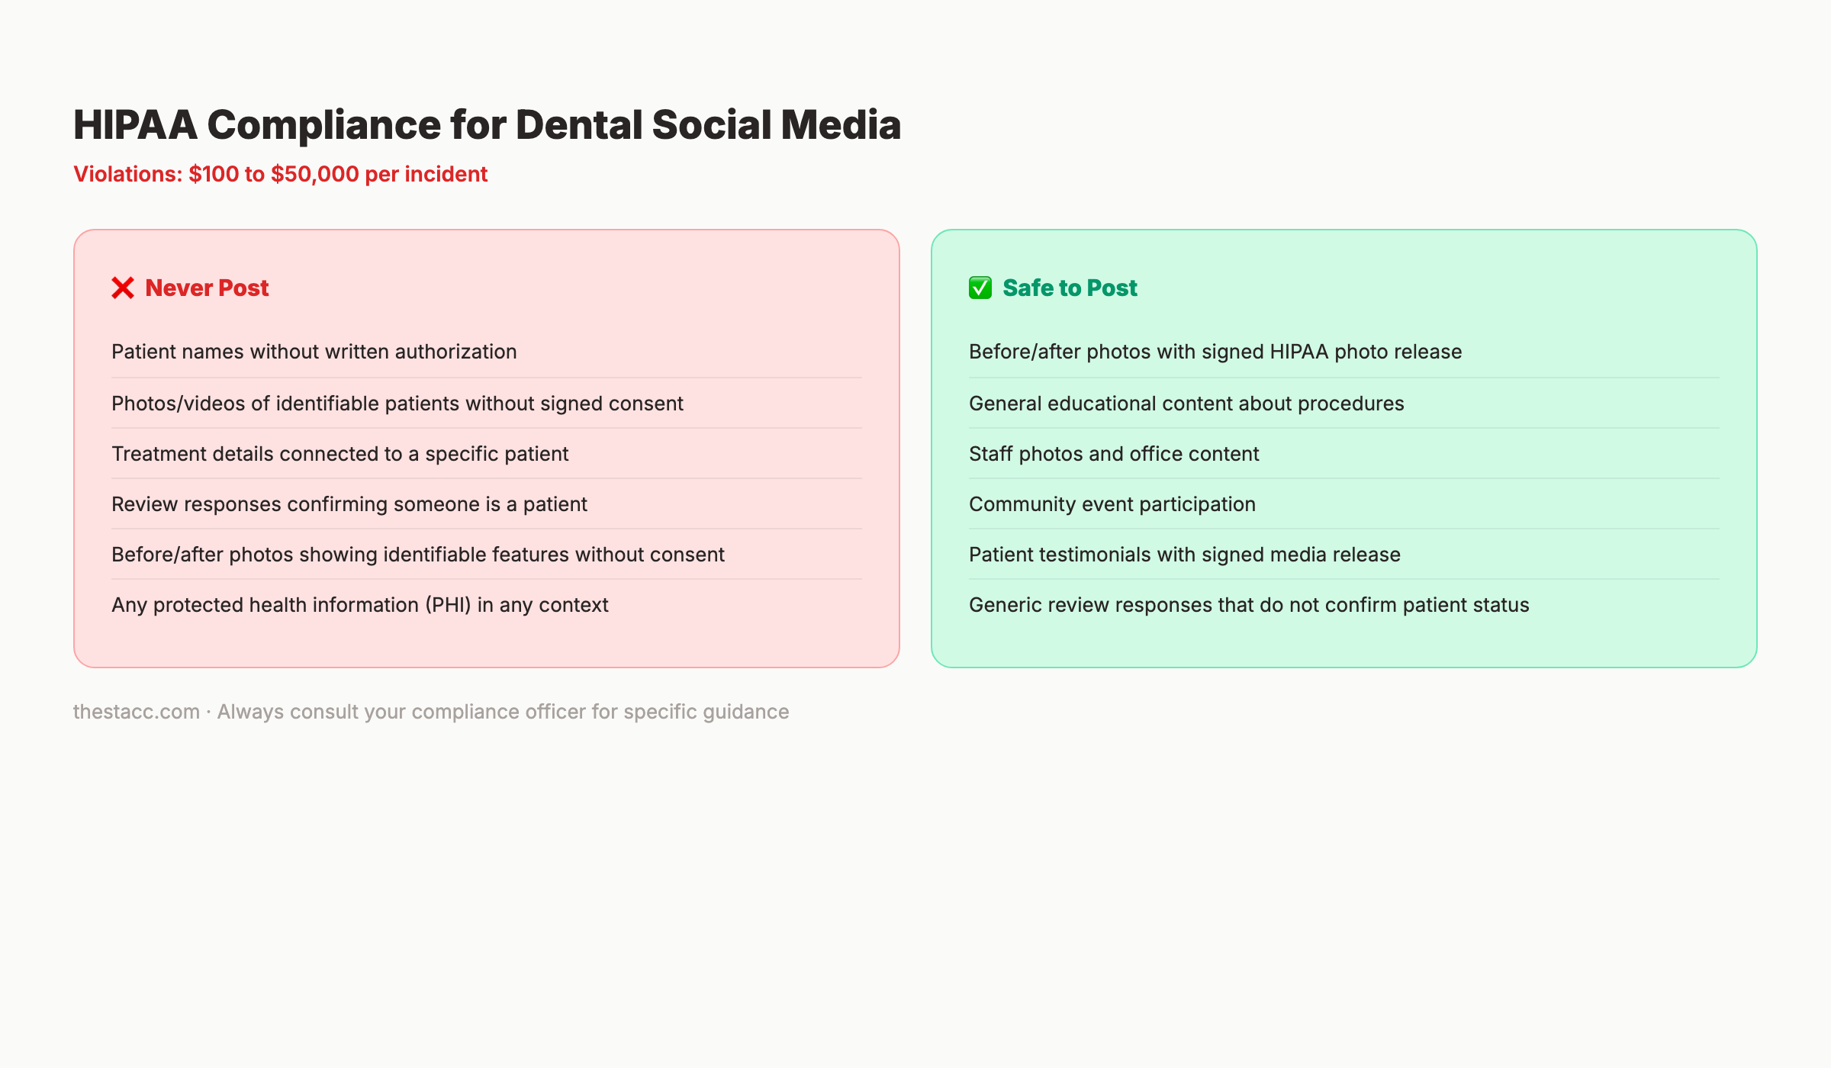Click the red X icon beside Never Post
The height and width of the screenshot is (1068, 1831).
coord(123,288)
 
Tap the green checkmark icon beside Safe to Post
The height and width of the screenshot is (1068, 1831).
coord(980,288)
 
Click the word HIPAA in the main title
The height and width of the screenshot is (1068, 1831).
coord(135,124)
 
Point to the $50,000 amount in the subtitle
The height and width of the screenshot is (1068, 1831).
coord(314,174)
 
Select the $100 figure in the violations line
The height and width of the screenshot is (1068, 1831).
coord(214,174)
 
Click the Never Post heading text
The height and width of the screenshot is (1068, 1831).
coord(207,288)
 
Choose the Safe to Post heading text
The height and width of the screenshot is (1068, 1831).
coord(1070,288)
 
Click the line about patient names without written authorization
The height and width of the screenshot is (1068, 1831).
coord(314,352)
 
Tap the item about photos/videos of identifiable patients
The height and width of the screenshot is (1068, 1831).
coord(397,404)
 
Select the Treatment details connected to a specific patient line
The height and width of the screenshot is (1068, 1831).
coord(339,454)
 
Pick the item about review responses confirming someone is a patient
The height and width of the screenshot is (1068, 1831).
coord(349,504)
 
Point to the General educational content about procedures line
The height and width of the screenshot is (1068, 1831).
coord(1186,404)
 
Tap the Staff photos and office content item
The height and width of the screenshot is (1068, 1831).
coord(1113,454)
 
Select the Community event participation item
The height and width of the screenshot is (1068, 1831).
coord(1112,504)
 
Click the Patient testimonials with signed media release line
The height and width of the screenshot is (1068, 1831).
coord(1184,555)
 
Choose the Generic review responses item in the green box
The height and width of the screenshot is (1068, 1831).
coord(1248,605)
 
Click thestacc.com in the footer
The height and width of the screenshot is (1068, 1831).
coord(136,712)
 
